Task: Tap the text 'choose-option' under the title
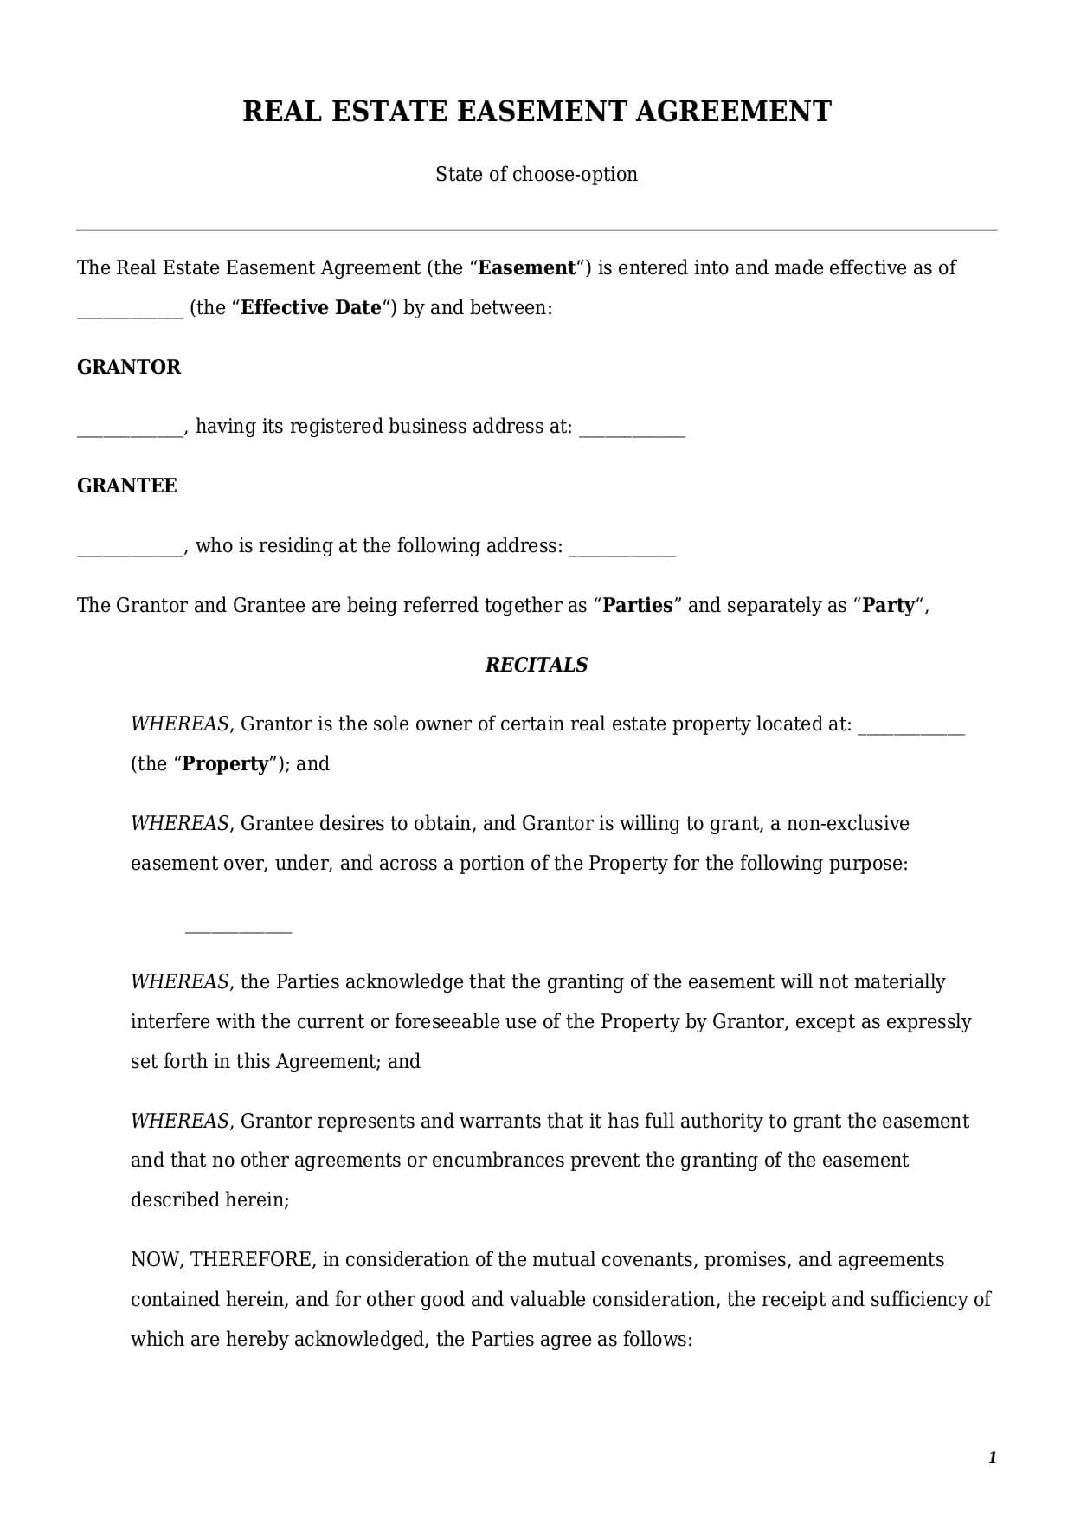click(x=575, y=174)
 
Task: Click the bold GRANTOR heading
click(x=129, y=367)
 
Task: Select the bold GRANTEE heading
click(x=127, y=486)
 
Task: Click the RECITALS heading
click(x=537, y=665)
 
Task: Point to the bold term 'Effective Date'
click(x=311, y=308)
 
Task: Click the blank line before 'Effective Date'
click(x=130, y=313)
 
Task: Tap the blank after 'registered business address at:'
click(x=632, y=432)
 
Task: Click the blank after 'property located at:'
click(x=910, y=730)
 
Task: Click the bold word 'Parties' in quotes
click(x=637, y=606)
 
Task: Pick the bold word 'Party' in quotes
click(x=888, y=606)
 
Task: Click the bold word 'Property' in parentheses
click(x=225, y=764)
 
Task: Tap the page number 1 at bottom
click(x=992, y=1458)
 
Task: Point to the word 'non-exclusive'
click(x=847, y=823)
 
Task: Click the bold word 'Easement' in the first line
click(x=526, y=268)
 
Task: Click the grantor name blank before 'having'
click(x=130, y=432)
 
